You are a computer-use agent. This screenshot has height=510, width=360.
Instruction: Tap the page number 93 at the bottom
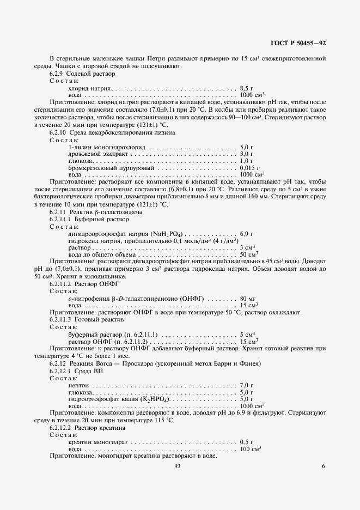click(x=178, y=466)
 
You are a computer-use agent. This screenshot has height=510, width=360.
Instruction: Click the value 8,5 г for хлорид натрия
click(x=246, y=88)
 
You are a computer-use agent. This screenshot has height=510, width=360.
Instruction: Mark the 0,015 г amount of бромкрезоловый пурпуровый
click(x=249, y=168)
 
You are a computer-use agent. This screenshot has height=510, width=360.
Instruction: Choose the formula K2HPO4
click(x=156, y=399)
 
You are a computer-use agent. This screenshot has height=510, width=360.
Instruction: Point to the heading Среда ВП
click(x=87, y=371)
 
